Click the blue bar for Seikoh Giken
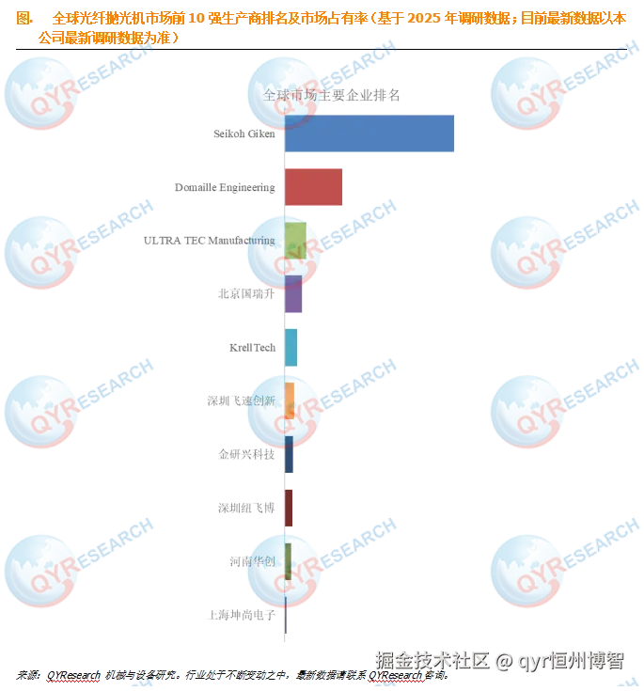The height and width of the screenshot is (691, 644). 369,133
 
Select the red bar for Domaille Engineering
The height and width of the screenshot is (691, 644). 314,187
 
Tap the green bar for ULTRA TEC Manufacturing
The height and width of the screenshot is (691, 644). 294,241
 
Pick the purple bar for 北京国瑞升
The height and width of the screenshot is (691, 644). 292,294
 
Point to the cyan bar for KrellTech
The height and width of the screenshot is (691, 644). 291,347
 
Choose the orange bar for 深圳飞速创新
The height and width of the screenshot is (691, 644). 290,400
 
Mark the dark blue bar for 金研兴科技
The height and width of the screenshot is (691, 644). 289,454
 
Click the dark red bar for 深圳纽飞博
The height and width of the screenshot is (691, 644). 289,508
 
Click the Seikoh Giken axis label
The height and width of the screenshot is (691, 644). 243,134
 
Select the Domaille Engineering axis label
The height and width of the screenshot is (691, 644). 225,187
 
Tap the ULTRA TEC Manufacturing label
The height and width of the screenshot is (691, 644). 210,241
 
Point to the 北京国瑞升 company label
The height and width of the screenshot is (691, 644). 247,294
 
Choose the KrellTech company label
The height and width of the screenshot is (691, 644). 252,348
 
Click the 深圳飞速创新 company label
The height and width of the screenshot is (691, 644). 242,400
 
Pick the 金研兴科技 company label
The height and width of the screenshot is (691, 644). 246,454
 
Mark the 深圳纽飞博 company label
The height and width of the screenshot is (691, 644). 247,508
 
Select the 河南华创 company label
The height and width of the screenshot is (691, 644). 252,561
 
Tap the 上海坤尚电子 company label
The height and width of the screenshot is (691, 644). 243,615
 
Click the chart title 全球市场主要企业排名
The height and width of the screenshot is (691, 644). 331,96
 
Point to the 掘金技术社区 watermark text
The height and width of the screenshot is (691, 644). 432,660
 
